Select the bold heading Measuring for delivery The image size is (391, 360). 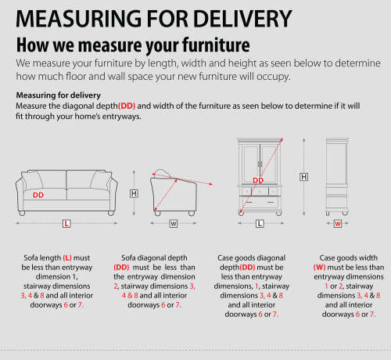[x=59, y=95]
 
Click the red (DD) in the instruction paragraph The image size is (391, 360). [x=127, y=106]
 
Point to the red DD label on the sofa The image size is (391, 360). [x=38, y=195]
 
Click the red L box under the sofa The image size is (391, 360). [x=66, y=224]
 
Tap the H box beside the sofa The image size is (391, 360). [x=134, y=193]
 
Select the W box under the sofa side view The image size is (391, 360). [x=174, y=224]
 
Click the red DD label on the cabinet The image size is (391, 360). [x=258, y=180]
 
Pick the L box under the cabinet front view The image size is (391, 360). [x=260, y=224]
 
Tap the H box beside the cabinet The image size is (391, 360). [x=304, y=177]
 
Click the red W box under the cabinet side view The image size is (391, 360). [x=338, y=224]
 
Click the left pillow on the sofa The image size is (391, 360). [x=33, y=179]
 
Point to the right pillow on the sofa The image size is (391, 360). [x=101, y=179]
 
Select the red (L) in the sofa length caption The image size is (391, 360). [x=67, y=258]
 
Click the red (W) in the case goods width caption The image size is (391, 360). [x=319, y=268]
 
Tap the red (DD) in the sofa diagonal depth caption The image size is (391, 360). [x=121, y=268]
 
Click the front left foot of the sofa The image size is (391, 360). [x=22, y=213]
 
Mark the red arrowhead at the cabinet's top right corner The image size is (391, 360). [x=282, y=140]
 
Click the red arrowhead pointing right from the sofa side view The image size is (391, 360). [x=210, y=184]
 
